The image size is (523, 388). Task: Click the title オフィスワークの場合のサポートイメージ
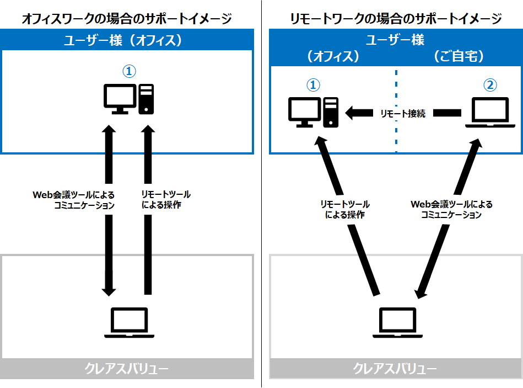127,18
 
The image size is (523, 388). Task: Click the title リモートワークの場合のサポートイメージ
396,18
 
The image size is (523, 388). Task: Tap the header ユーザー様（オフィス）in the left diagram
123,40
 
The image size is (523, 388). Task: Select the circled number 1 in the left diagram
129,71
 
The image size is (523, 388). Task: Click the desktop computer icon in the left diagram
129,99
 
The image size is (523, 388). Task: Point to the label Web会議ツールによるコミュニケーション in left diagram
74,200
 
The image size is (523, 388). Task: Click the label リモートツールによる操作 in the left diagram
166,199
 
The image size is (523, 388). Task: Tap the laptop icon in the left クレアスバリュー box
129,322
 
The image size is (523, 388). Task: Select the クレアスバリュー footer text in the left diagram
126,369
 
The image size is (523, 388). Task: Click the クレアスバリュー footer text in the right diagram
395,369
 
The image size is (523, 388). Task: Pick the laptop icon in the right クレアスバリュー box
397,322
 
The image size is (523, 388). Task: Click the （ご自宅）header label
459,56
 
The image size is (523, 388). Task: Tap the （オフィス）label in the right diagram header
333,56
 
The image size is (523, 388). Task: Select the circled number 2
490,85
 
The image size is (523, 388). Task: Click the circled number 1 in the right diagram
313,85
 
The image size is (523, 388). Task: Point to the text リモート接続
403,114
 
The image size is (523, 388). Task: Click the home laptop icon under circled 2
490,113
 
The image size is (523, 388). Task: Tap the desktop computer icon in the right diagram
313,112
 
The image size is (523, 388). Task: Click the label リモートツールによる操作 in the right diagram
345,209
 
